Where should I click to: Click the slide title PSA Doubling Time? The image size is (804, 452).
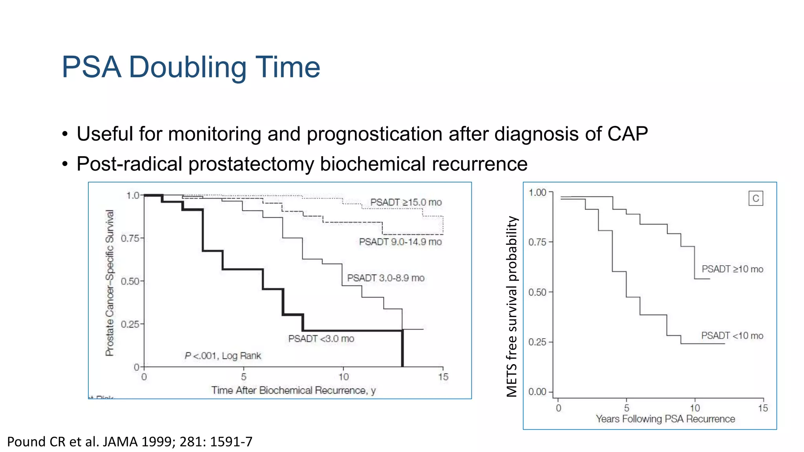pos(191,67)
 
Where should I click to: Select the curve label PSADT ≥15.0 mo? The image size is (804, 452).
pos(406,202)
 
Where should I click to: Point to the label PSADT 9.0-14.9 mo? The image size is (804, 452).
pos(400,242)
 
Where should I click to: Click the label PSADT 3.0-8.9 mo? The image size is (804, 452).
pos(386,278)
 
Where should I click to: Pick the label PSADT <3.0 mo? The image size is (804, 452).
pos(321,339)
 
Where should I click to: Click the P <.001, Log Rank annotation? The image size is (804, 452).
pos(223,355)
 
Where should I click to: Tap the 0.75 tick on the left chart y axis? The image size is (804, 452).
pos(130,238)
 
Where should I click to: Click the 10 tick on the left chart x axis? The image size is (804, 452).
pos(344,377)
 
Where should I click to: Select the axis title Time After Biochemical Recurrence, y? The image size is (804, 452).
pos(293,390)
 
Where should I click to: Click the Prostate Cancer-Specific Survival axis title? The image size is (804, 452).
pos(110,282)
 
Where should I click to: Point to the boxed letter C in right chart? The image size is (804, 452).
pos(755,199)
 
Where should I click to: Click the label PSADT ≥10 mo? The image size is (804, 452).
pos(732,269)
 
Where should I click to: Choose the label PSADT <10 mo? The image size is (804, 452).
pos(732,335)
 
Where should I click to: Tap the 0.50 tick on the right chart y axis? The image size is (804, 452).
pos(537,292)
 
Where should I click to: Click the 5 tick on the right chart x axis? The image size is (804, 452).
pos(627,408)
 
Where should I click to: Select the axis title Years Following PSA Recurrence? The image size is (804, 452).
pos(665,419)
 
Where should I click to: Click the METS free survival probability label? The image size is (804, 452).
pos(512,306)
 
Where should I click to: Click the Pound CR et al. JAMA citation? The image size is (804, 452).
pos(130,442)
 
